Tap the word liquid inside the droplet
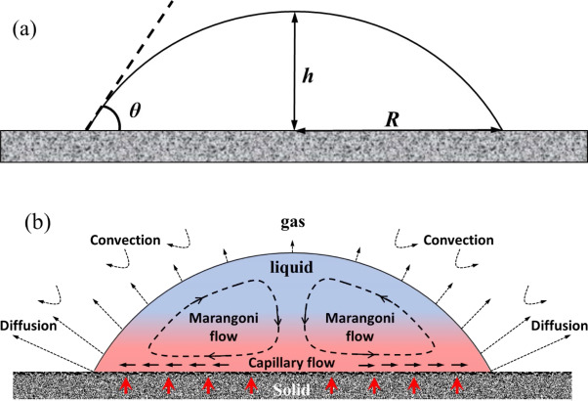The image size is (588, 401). (294, 262)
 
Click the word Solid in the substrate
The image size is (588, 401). (294, 378)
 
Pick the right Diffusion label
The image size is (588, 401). (558, 324)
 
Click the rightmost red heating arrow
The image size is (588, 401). (457, 384)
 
